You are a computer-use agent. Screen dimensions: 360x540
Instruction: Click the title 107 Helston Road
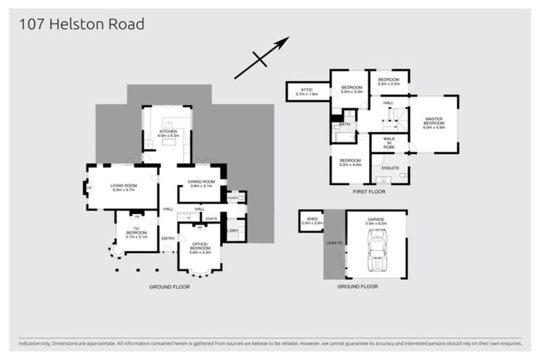(x=82, y=25)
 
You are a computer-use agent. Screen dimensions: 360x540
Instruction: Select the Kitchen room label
(x=168, y=133)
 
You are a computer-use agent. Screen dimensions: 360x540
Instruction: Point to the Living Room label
(x=123, y=188)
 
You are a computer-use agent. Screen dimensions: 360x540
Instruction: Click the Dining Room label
(x=200, y=184)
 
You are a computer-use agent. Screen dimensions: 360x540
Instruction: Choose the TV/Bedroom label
(x=136, y=233)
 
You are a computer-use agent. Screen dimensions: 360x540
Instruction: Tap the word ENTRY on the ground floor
(x=168, y=238)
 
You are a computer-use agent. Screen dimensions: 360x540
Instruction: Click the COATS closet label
(x=211, y=219)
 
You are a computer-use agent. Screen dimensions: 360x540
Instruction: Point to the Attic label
(x=307, y=91)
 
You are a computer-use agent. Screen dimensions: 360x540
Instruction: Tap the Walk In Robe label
(x=389, y=143)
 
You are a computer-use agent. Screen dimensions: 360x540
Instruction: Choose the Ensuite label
(x=390, y=168)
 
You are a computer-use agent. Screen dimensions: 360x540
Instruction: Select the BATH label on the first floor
(x=344, y=124)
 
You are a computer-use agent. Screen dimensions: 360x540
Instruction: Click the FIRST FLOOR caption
(x=369, y=191)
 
